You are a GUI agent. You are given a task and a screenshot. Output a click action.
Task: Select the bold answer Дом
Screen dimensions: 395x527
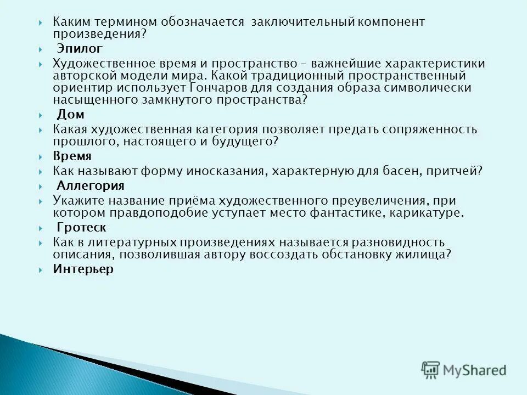tap(70, 114)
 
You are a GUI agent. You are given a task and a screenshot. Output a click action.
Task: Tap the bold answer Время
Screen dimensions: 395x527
tap(72, 156)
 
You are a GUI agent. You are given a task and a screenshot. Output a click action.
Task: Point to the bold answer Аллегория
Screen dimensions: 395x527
tap(91, 185)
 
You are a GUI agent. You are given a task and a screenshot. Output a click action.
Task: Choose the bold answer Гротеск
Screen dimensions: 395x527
tap(81, 227)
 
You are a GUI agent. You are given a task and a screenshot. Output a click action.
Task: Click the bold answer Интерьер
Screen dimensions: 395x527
tap(83, 269)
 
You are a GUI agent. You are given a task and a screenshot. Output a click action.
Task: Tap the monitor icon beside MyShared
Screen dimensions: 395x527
tap(431, 370)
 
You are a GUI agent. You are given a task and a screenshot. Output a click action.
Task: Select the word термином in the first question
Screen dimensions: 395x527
tap(125, 22)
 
